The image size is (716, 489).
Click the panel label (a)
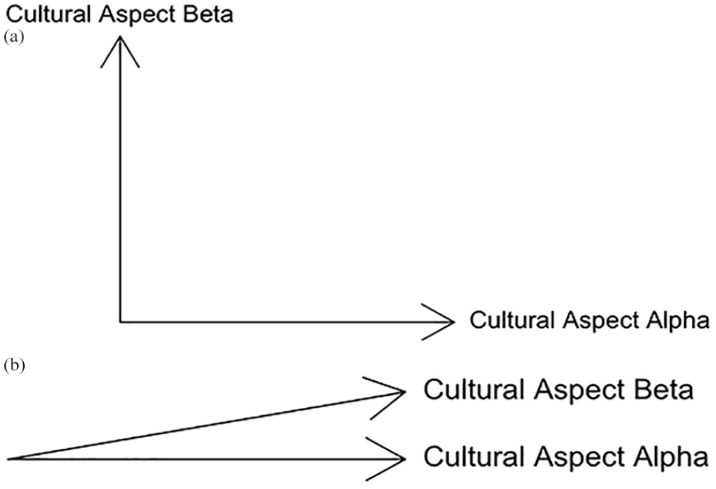point(14,37)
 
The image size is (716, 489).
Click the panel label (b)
point(14,365)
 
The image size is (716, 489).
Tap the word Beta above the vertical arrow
point(207,14)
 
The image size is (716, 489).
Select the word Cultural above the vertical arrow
point(49,14)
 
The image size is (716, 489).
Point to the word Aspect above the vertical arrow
point(137,16)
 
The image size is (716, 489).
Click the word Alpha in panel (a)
point(678,321)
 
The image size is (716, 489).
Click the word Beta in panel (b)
point(665,390)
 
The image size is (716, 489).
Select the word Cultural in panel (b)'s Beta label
point(474,390)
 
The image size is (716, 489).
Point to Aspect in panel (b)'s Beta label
point(581,392)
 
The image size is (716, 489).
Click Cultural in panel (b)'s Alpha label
point(474,457)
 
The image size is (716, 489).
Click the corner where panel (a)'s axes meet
point(120,322)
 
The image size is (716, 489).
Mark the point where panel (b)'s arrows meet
point(8,459)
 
